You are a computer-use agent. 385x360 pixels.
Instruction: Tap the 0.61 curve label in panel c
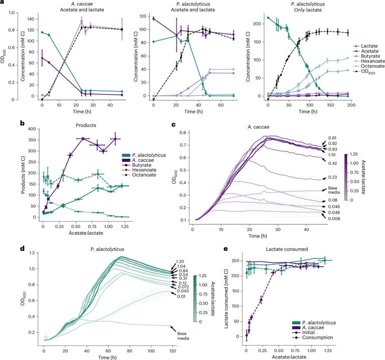[332, 138]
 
